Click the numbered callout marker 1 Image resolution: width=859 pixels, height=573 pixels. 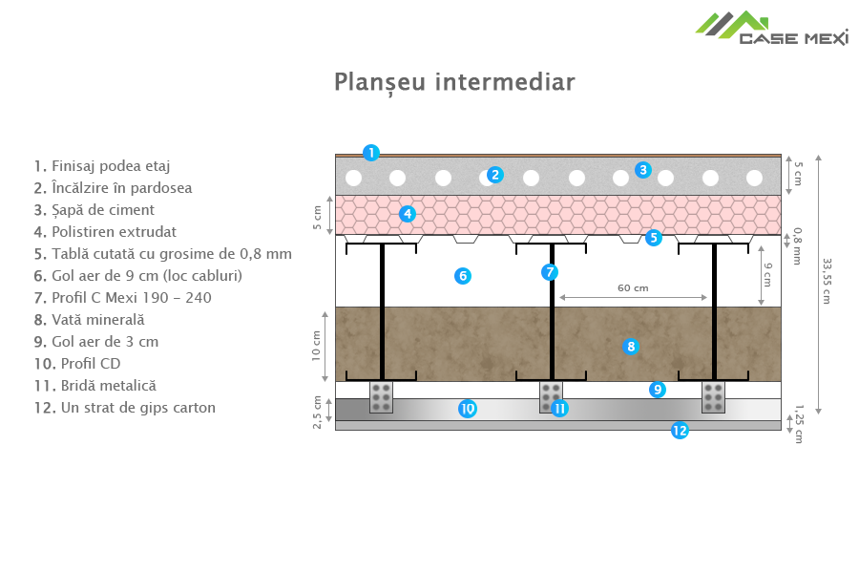pyautogui.click(x=370, y=151)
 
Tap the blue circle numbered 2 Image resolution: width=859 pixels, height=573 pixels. pyautogui.click(x=494, y=174)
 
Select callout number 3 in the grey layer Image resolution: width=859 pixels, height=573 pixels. pyautogui.click(x=643, y=170)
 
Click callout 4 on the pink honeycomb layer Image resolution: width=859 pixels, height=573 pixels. pyautogui.click(x=408, y=214)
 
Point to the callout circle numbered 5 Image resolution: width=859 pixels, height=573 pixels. pyautogui.click(x=654, y=238)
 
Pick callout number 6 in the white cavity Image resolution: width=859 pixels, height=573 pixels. pyautogui.click(x=463, y=276)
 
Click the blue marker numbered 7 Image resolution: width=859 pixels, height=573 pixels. pyautogui.click(x=550, y=272)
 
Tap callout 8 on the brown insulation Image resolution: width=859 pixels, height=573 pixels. pyautogui.click(x=630, y=346)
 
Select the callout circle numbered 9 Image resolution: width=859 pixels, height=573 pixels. pyautogui.click(x=657, y=389)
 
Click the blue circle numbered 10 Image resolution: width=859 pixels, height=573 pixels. pyautogui.click(x=467, y=409)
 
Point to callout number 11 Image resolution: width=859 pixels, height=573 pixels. pyautogui.click(x=559, y=409)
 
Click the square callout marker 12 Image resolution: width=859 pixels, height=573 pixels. pyautogui.click(x=680, y=431)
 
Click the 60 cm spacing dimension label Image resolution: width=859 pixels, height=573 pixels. pyautogui.click(x=633, y=287)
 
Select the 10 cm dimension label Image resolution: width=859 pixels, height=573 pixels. pyautogui.click(x=317, y=345)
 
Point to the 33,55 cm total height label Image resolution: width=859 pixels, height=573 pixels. pyautogui.click(x=826, y=281)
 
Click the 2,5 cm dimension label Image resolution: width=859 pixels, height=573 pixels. pyautogui.click(x=317, y=413)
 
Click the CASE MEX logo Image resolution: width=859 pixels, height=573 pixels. pyautogui.click(x=771, y=28)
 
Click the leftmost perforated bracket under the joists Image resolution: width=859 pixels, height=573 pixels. pyautogui.click(x=381, y=396)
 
